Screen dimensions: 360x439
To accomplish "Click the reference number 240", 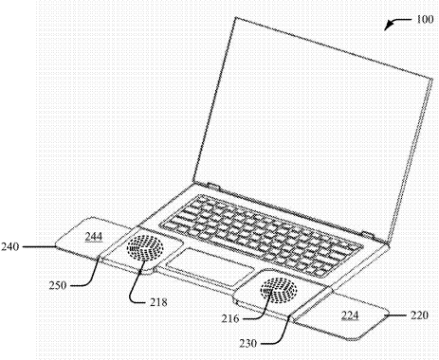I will [x=13, y=247].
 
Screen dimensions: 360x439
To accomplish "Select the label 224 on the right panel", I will [x=351, y=314].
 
